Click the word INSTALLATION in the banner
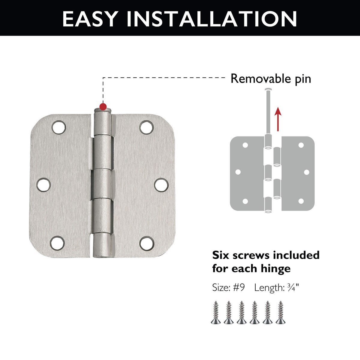tap(212, 19)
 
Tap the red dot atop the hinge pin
tap(103, 107)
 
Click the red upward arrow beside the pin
tap(278, 119)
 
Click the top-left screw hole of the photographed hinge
tap(59, 127)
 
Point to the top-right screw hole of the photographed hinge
tap(146, 127)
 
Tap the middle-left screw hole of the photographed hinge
tap(43, 185)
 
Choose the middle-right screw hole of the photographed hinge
tap(161, 185)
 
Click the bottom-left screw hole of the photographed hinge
tap(57, 243)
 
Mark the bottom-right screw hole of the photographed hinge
tap(147, 243)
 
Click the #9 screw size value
tap(239, 287)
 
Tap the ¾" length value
tap(293, 287)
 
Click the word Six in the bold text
tap(220, 255)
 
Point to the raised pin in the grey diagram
tap(268, 112)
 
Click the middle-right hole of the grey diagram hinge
tap(307, 172)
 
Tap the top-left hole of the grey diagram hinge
tap(245, 145)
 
